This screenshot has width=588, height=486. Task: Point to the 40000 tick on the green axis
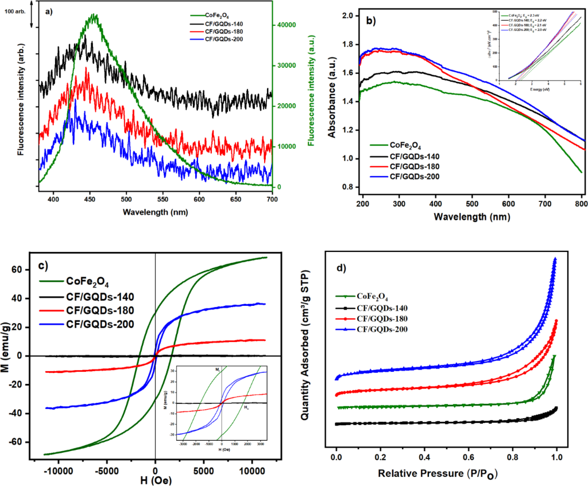tap(292, 25)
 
